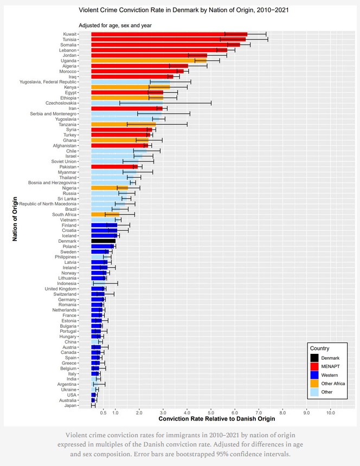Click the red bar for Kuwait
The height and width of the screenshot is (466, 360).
coord(168,34)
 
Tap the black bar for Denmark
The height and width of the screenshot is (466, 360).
coord(103,241)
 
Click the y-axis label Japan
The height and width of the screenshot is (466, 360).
coord(70,405)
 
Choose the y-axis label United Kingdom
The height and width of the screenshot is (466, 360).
coord(61,288)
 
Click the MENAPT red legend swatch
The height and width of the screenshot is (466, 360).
coord(314,366)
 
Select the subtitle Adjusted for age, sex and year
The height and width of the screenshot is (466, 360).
coord(115,25)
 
